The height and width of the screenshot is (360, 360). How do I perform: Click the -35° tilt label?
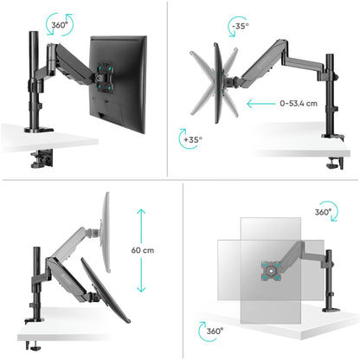241,26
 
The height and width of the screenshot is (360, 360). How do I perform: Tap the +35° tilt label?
193,139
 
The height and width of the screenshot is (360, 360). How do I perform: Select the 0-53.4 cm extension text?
299,103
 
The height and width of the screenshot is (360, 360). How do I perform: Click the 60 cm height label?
143,250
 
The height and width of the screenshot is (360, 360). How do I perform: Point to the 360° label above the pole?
60,25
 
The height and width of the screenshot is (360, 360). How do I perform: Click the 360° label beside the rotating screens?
323,212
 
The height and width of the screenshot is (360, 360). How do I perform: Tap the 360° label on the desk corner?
215,331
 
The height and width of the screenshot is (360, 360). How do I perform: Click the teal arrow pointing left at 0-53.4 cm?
261,104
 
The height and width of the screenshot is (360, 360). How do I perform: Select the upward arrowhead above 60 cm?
141,212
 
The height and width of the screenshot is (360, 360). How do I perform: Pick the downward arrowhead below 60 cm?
141,289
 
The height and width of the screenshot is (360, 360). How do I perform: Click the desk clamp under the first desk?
42,158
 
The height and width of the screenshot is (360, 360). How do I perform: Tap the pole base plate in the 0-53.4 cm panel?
332,136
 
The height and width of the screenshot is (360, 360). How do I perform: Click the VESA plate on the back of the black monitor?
104,78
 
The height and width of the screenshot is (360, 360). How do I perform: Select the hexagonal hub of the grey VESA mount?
271,271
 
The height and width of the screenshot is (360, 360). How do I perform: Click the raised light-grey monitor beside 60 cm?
106,232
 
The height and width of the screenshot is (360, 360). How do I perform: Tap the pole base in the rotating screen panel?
331,310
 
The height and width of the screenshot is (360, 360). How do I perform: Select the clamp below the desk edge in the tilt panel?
336,163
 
